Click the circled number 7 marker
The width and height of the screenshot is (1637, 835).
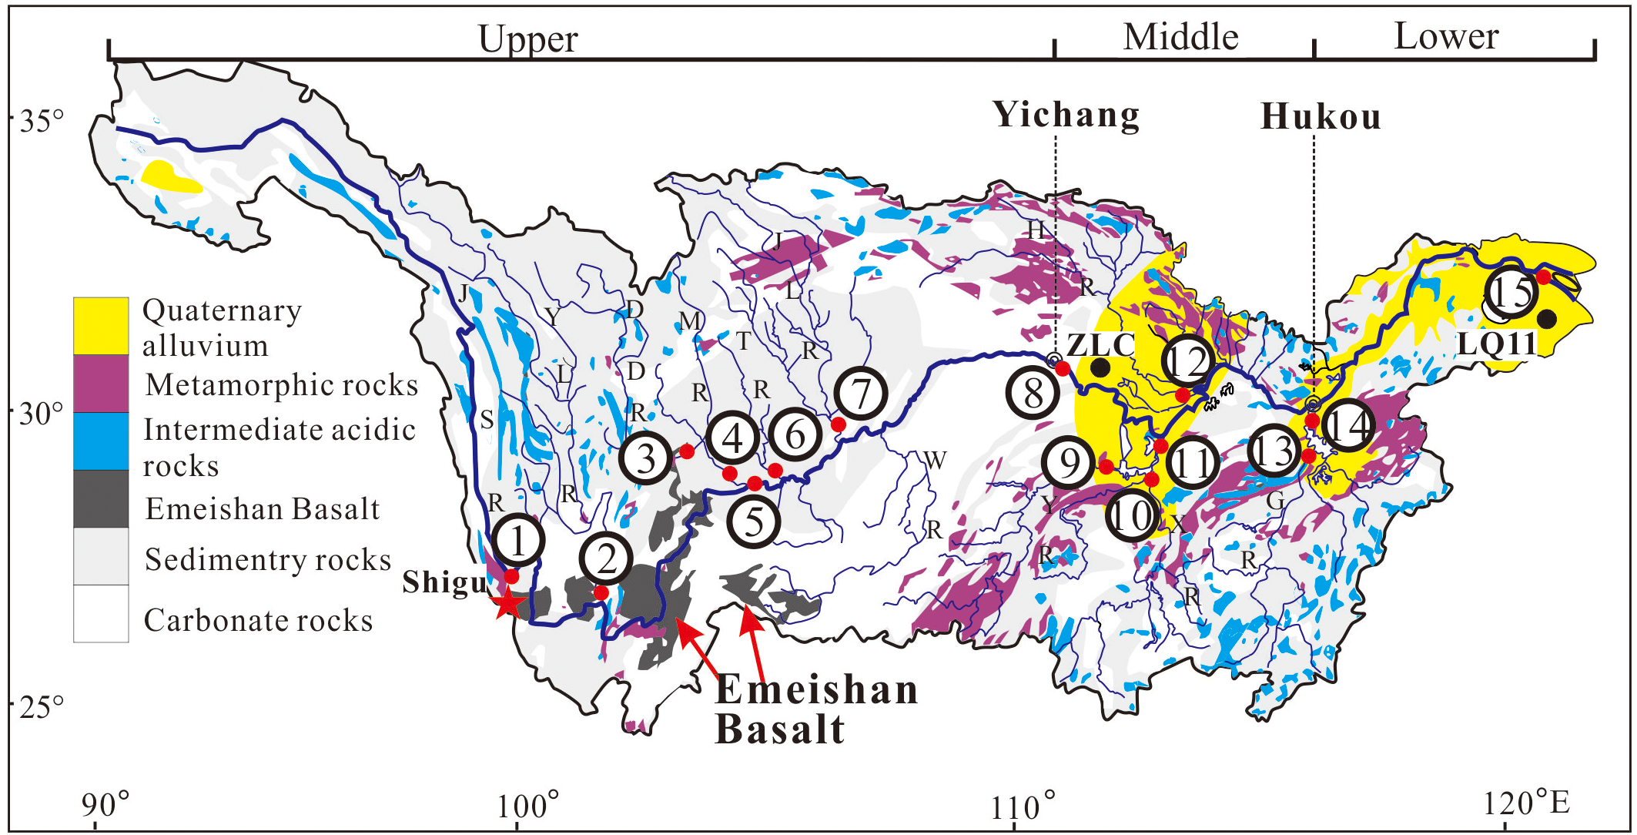tap(861, 394)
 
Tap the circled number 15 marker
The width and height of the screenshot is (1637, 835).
tap(1511, 292)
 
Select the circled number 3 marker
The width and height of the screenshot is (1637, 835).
tap(645, 458)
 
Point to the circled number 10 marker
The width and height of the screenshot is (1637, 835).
tap(1131, 515)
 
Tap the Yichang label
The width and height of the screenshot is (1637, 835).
tap(1066, 115)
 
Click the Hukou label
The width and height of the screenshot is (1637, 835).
tap(1321, 116)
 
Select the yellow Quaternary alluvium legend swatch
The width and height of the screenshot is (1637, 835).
tap(101, 326)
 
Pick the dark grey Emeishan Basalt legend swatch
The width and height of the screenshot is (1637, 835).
tap(101, 498)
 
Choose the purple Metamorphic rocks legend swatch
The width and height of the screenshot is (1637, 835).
tap(101, 383)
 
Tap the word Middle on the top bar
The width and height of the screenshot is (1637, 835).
tap(1180, 37)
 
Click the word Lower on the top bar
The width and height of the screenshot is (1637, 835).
tap(1446, 36)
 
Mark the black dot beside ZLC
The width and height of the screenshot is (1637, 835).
tap(1101, 367)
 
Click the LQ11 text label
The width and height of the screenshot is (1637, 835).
tap(1497, 344)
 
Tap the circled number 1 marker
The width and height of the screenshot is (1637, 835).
tap(517, 540)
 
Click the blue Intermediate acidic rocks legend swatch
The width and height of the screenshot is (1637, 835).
tap(101, 441)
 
